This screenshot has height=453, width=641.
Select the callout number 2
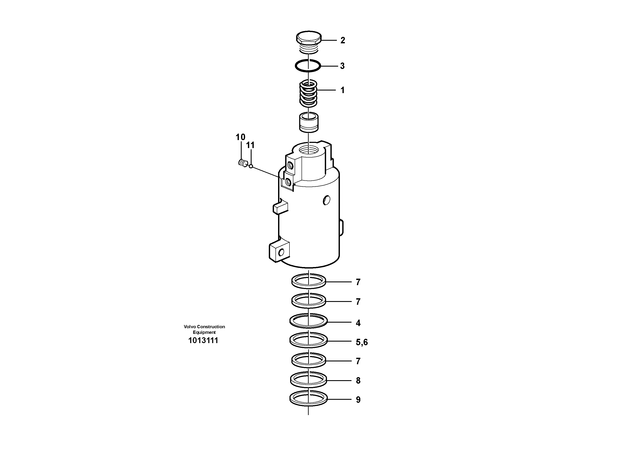[342, 41]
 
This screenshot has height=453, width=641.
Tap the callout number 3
[342, 66]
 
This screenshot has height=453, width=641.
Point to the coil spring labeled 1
[308, 93]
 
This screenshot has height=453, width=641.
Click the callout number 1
[342, 90]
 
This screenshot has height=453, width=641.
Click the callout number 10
[240, 137]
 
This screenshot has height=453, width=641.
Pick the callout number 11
[250, 145]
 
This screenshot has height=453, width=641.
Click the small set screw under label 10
[243, 162]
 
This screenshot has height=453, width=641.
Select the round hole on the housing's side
[326, 200]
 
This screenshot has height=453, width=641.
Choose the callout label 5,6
[362, 342]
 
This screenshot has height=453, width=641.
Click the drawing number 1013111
[203, 341]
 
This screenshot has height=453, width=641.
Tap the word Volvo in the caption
[190, 327]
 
